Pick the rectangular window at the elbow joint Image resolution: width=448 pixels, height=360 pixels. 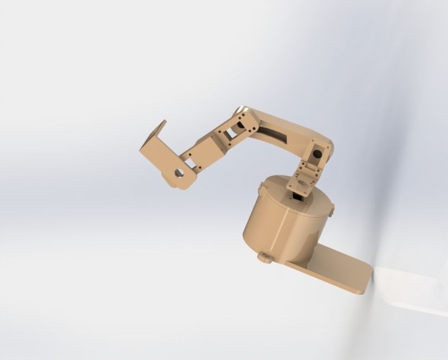(x=231, y=130)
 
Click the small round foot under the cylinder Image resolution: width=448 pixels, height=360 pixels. (x=265, y=256)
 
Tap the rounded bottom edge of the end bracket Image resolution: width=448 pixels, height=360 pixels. (x=181, y=185)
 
